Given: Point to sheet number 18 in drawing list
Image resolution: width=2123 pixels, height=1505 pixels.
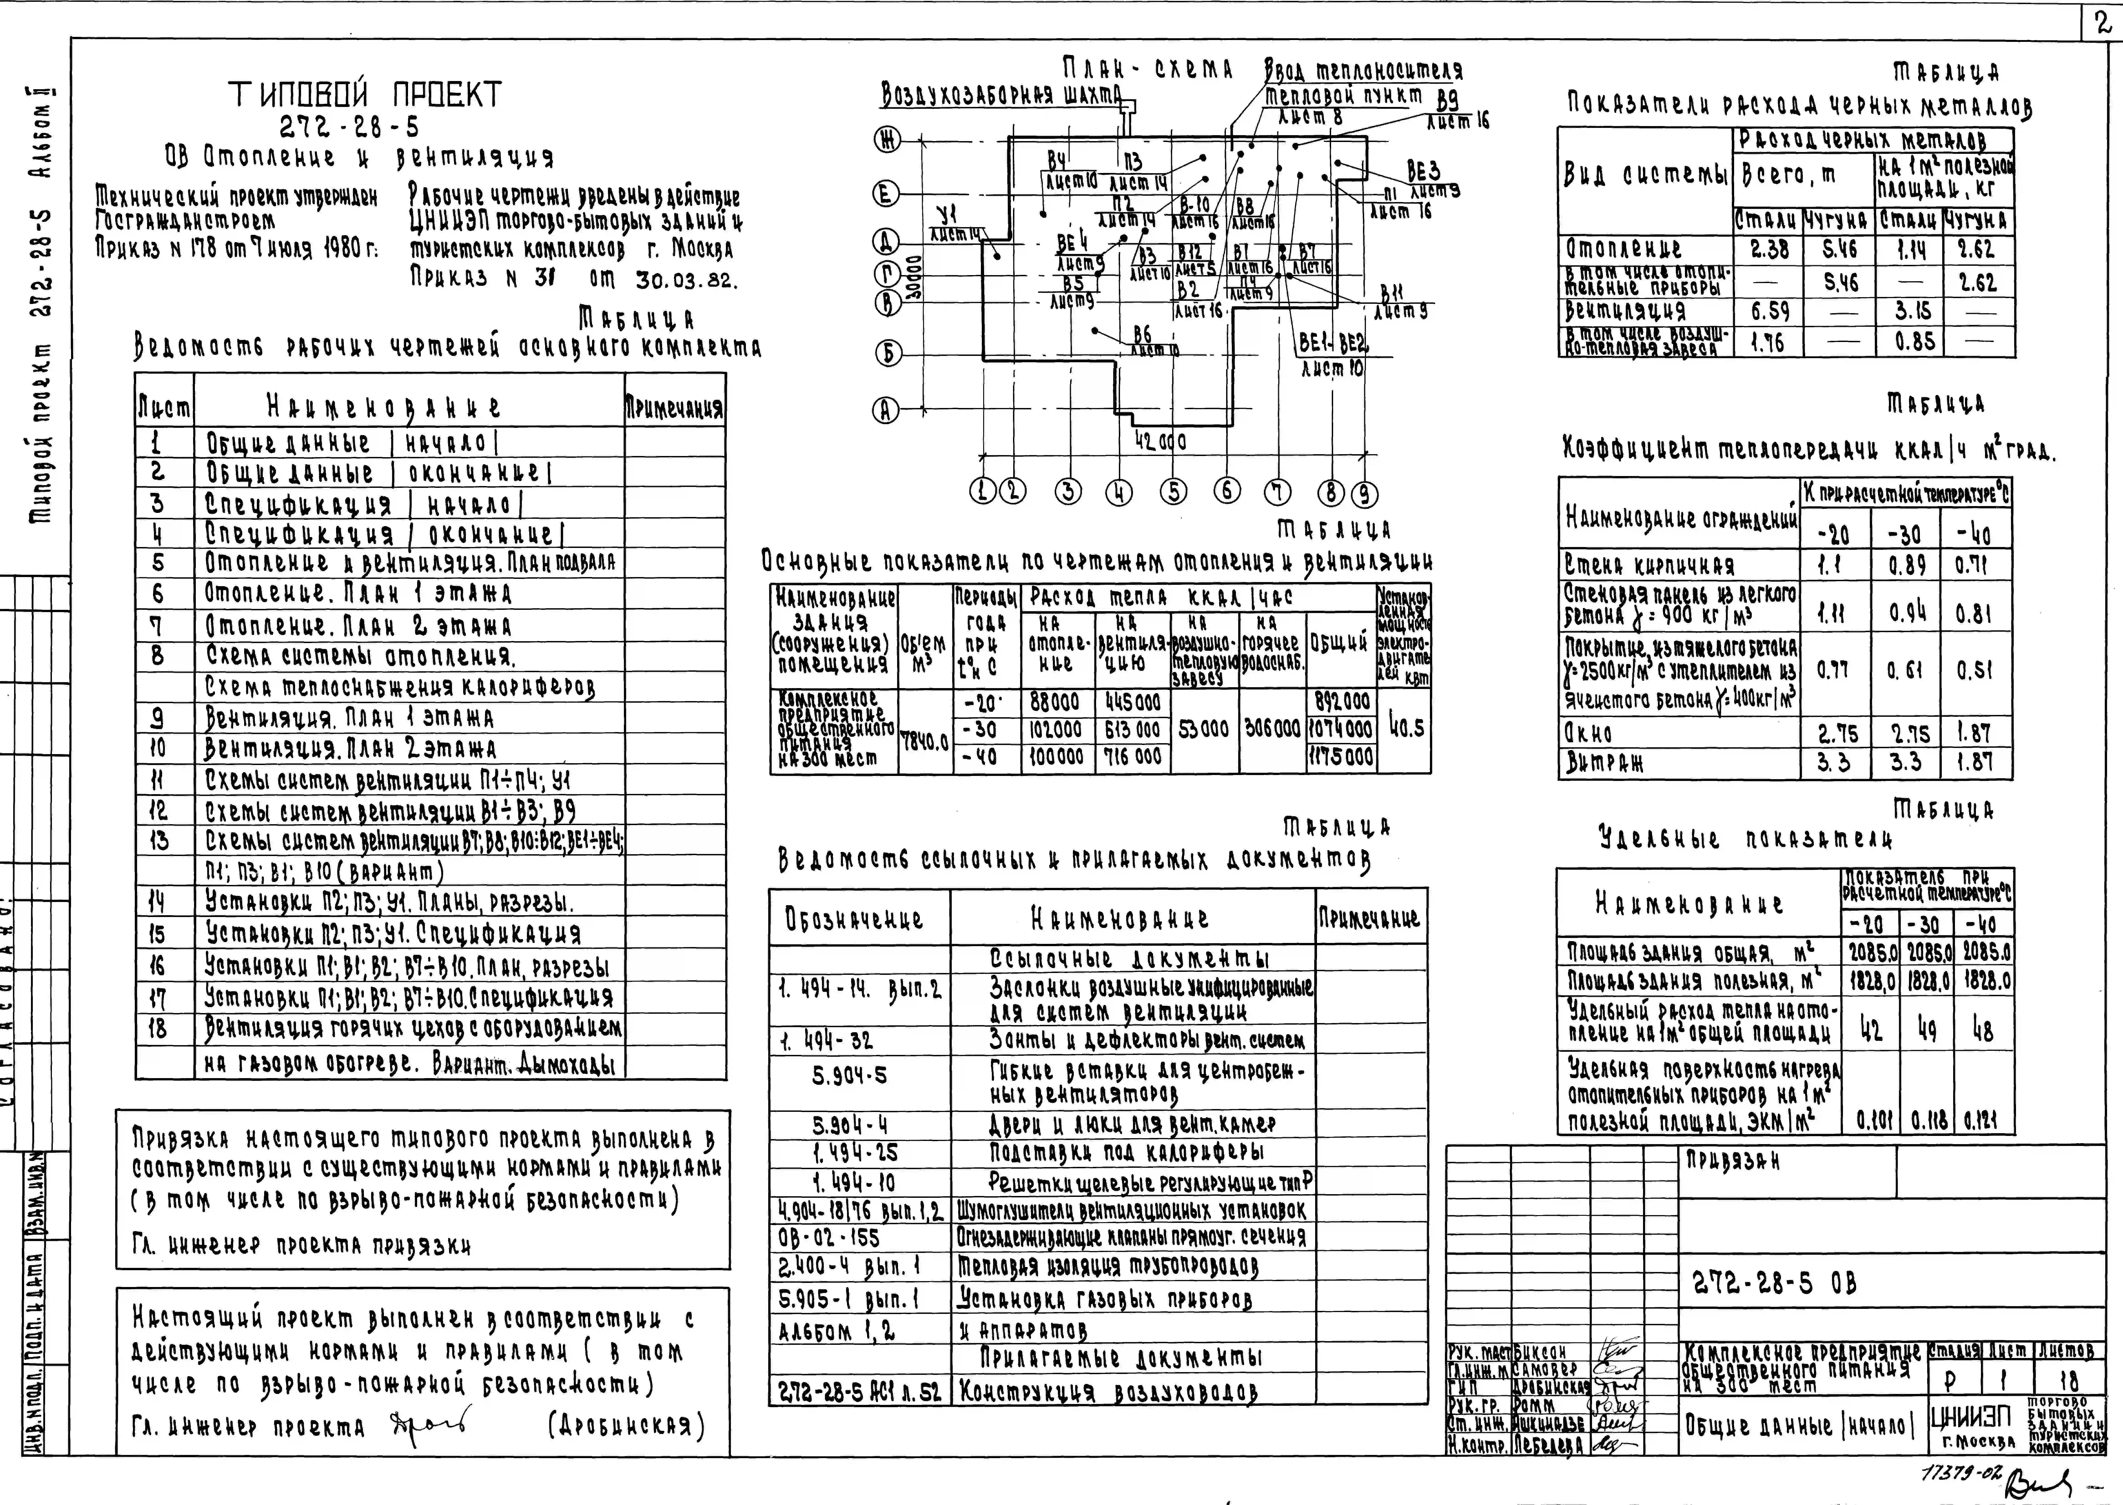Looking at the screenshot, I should click(158, 1029).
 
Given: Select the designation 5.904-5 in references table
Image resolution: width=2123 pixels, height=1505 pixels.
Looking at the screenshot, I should click(849, 1075).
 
